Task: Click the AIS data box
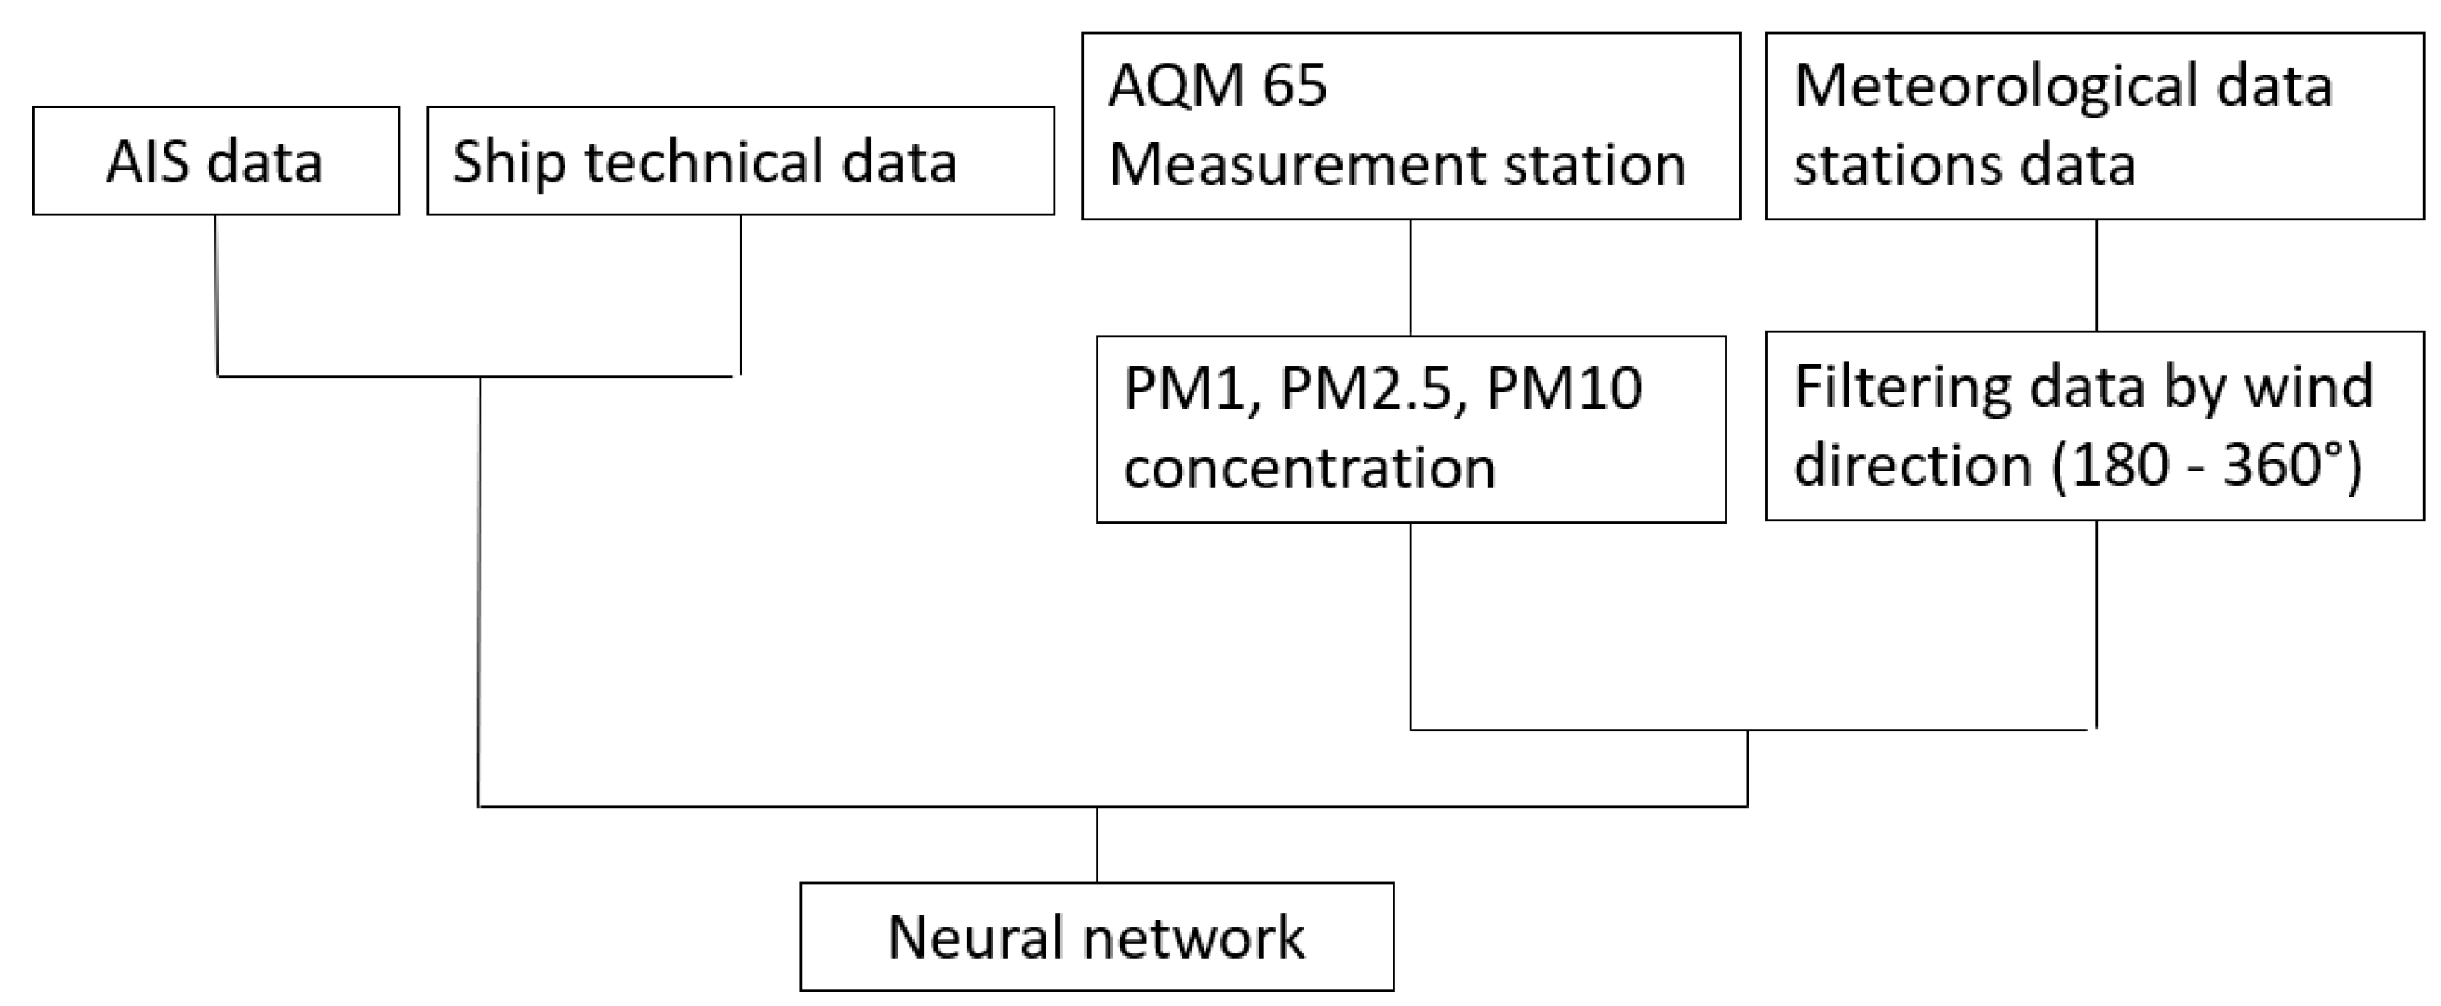tap(215, 161)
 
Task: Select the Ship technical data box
tap(740, 161)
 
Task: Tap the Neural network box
tap(1097, 937)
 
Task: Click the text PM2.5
tap(1365, 388)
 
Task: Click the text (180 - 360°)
tap(2207, 466)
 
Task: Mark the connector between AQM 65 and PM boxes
tap(1410, 277)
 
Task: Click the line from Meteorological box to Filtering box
tap(2095, 275)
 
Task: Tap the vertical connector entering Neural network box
tap(1097, 844)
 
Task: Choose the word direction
tap(1912, 466)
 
